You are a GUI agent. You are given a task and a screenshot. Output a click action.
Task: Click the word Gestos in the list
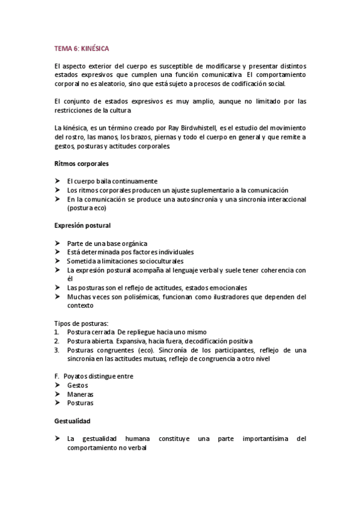click(78, 385)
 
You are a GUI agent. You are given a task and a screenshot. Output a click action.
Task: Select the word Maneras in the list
click(81, 394)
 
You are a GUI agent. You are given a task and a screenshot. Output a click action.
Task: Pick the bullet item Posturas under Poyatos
click(81, 403)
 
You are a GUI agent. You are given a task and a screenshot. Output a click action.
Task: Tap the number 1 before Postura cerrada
click(56, 332)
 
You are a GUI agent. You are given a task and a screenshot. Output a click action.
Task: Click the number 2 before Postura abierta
click(56, 341)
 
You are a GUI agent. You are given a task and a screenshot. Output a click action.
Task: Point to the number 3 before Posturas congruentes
click(56, 350)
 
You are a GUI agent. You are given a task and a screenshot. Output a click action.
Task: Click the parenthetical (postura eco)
click(87, 208)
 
